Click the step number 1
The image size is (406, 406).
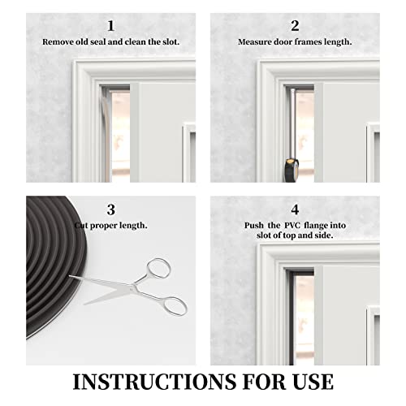pos(110,25)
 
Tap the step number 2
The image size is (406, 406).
pos(295,25)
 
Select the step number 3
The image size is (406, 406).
pos(110,209)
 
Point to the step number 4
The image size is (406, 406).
pos(295,209)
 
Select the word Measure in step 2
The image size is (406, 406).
pos(253,41)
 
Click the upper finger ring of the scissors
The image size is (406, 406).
pos(158,268)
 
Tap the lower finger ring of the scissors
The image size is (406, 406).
pos(173,305)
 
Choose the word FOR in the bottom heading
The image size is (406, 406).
pos(254,381)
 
